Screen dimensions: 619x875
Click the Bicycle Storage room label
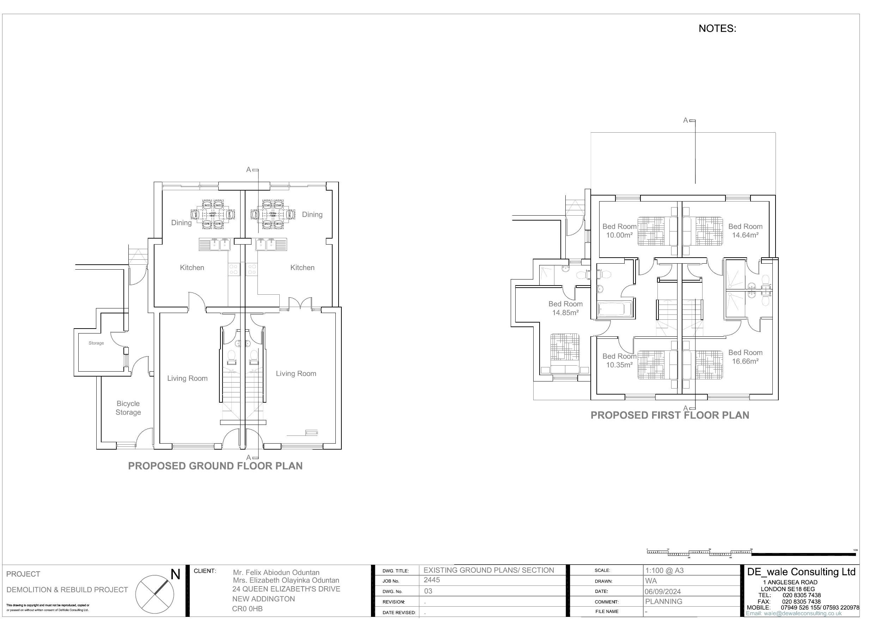[128, 408]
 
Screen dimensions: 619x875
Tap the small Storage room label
[96, 343]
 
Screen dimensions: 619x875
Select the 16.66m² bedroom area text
[745, 361]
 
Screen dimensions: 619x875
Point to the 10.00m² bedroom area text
[619, 235]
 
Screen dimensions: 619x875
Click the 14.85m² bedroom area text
[566, 313]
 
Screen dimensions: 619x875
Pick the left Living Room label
[187, 378]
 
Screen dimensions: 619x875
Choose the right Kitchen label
[302, 268]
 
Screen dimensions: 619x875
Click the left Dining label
[181, 223]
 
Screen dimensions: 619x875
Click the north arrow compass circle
[155, 594]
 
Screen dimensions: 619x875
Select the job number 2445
[432, 580]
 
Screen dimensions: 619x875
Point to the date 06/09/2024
[663, 591]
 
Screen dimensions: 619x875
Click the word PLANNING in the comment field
[663, 601]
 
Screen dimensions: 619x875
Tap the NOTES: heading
[717, 29]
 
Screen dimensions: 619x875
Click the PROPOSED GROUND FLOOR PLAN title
[215, 466]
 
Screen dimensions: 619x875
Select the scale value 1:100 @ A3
[664, 571]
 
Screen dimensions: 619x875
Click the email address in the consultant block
[794, 614]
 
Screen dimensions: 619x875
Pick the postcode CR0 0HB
[247, 609]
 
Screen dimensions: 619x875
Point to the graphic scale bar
[751, 553]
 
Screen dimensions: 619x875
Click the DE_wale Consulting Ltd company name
[801, 572]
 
